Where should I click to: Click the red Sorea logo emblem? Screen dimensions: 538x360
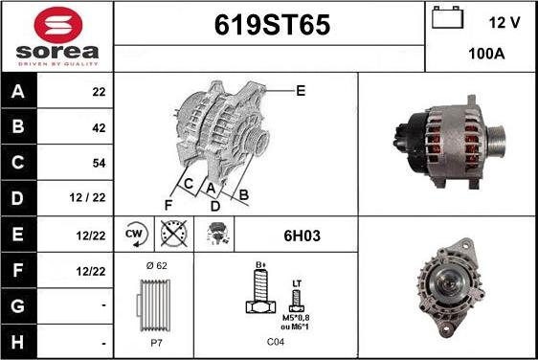click(58, 25)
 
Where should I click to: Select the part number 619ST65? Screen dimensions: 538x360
click(272, 25)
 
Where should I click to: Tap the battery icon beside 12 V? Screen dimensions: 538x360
click(447, 18)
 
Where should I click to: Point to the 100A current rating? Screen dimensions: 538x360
click(486, 54)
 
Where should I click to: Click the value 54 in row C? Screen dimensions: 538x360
click(99, 163)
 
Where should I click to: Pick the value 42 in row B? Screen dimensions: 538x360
click(99, 128)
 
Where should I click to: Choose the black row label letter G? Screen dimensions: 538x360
click(18, 306)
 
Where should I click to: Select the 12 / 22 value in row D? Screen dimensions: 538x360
click(87, 197)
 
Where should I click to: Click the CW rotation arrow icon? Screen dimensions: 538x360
click(136, 235)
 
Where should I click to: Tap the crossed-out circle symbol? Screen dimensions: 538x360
click(174, 234)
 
